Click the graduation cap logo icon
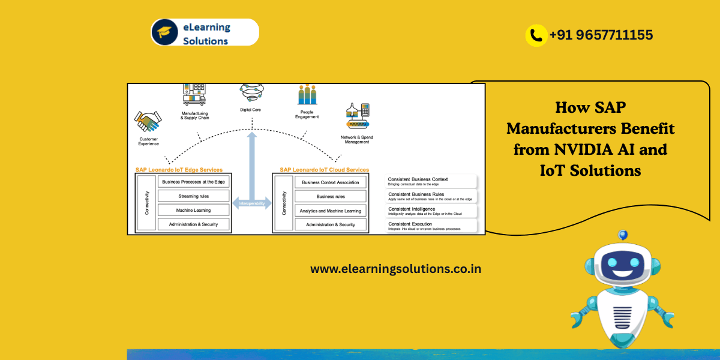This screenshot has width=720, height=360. pyautogui.click(x=164, y=32)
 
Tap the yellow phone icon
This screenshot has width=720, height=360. pyautogui.click(x=535, y=35)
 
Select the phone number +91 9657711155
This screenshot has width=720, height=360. pyautogui.click(x=601, y=35)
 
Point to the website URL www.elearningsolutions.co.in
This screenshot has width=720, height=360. pyautogui.click(x=395, y=269)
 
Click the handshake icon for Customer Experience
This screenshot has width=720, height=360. pyautogui.click(x=148, y=122)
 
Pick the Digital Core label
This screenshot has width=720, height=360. pyautogui.click(x=250, y=110)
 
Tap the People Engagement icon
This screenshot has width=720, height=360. pyautogui.click(x=307, y=94)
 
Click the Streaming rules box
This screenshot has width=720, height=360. pyautogui.click(x=194, y=196)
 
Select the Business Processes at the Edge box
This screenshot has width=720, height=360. pyautogui.click(x=194, y=182)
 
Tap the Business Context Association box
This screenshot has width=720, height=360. pyautogui.click(x=330, y=182)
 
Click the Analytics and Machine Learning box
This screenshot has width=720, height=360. pyautogui.click(x=330, y=211)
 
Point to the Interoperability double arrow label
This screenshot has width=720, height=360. pyautogui.click(x=251, y=203)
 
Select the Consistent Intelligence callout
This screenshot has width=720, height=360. pyautogui.click(x=431, y=211)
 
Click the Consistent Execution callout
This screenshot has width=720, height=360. pyautogui.click(x=431, y=226)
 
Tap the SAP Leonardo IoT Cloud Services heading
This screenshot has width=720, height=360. pyautogui.click(x=324, y=170)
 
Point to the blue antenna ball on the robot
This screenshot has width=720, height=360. pyautogui.click(x=623, y=234)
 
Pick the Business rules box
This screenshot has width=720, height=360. pyautogui.click(x=330, y=196)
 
